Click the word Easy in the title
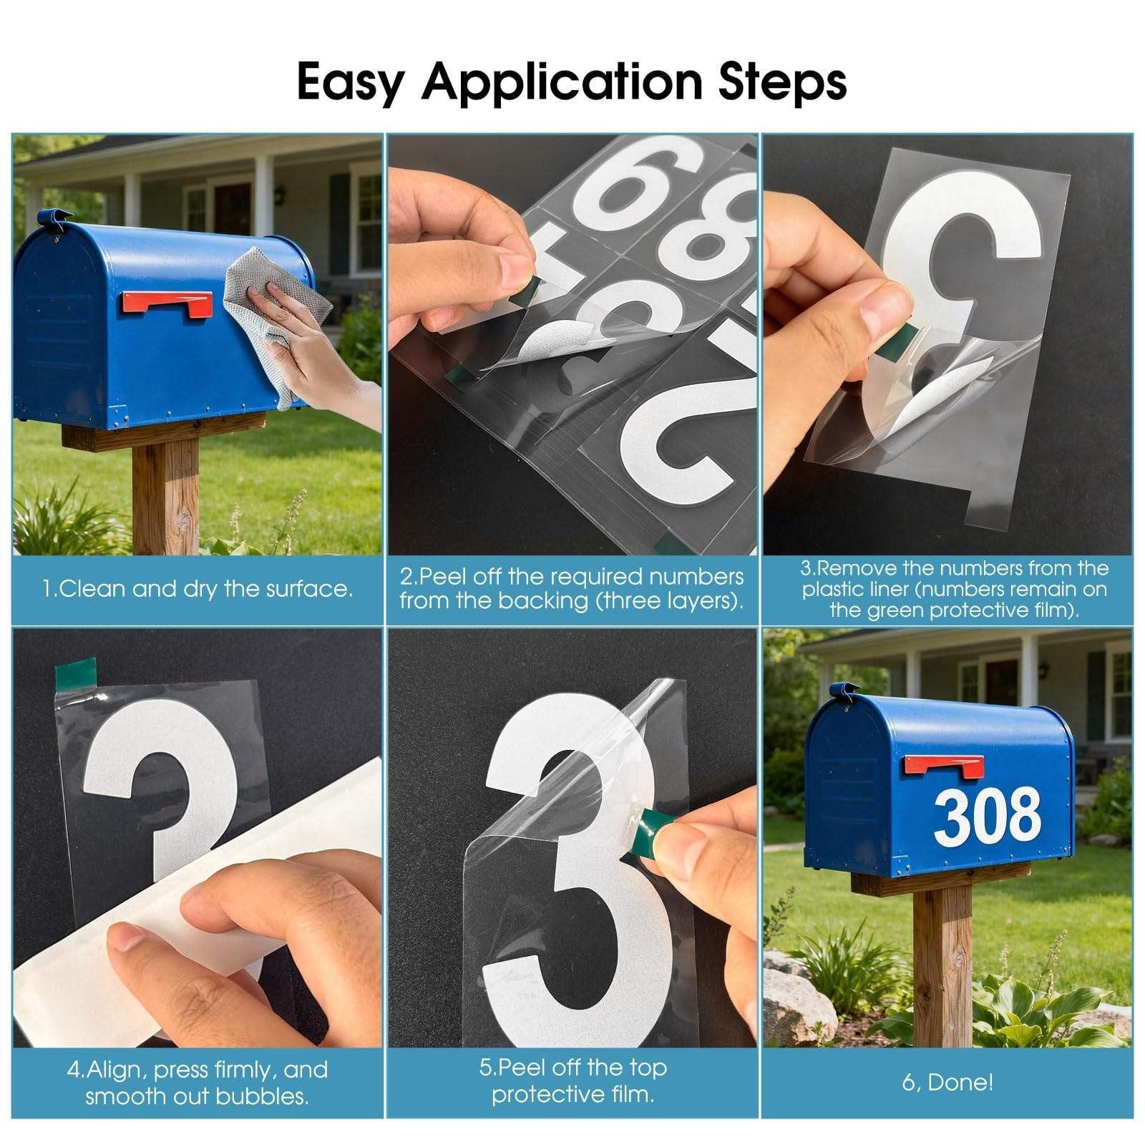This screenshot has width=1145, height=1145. (349, 83)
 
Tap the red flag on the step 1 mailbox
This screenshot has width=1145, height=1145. (167, 303)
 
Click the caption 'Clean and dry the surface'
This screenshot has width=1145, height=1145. (198, 589)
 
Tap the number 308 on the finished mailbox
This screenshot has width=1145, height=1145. (988, 814)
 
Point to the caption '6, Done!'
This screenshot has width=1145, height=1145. (947, 1082)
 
